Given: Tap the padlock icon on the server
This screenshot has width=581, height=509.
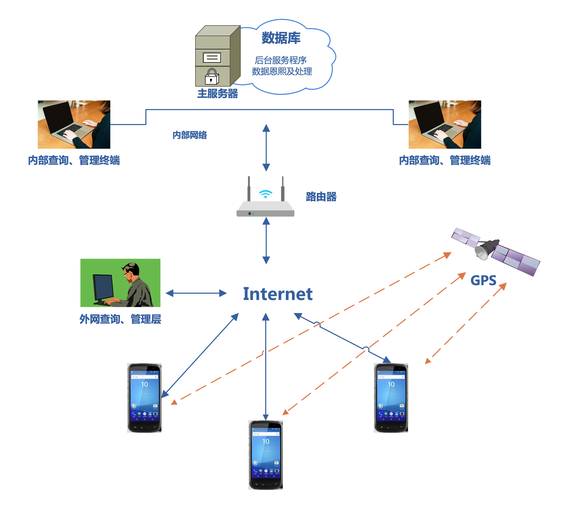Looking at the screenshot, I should pos(212,77).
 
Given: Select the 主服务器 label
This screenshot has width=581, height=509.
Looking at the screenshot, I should pos(217,93).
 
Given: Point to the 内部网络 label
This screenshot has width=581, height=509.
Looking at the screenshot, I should pos(190,135).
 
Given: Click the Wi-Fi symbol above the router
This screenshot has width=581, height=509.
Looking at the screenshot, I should pos(265,194).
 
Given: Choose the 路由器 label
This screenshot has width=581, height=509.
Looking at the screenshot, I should pos(321,196).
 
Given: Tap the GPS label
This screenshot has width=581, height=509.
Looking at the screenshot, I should pos(483,281).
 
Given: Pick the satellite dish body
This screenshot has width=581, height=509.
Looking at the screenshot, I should pos(487,249).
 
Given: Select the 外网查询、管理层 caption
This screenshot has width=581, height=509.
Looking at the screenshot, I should pos(120,319).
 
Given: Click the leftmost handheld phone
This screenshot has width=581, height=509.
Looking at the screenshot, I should pos(144,397).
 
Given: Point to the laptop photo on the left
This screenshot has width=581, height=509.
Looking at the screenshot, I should pos(74,124).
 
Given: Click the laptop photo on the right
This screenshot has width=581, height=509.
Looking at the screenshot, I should pos(445,124).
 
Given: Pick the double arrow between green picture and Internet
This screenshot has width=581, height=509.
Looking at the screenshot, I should pos(196,293).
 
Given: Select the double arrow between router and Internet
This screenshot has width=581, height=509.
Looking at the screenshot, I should pos(266,241).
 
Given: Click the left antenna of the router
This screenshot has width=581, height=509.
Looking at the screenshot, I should pos(249,188).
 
